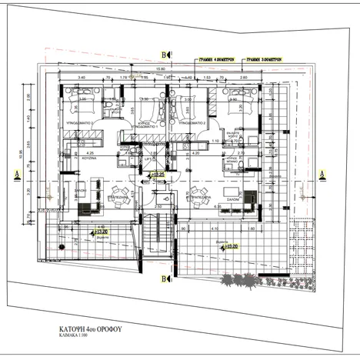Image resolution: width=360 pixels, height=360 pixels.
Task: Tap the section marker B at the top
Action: (x=164, y=54)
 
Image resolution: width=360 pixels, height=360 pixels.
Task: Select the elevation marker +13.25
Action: (x=159, y=176)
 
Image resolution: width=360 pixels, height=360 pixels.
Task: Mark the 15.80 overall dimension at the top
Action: (x=161, y=70)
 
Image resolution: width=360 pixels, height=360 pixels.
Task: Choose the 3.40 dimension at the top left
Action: (x=81, y=78)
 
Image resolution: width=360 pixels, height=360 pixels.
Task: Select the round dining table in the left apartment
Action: (x=119, y=192)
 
